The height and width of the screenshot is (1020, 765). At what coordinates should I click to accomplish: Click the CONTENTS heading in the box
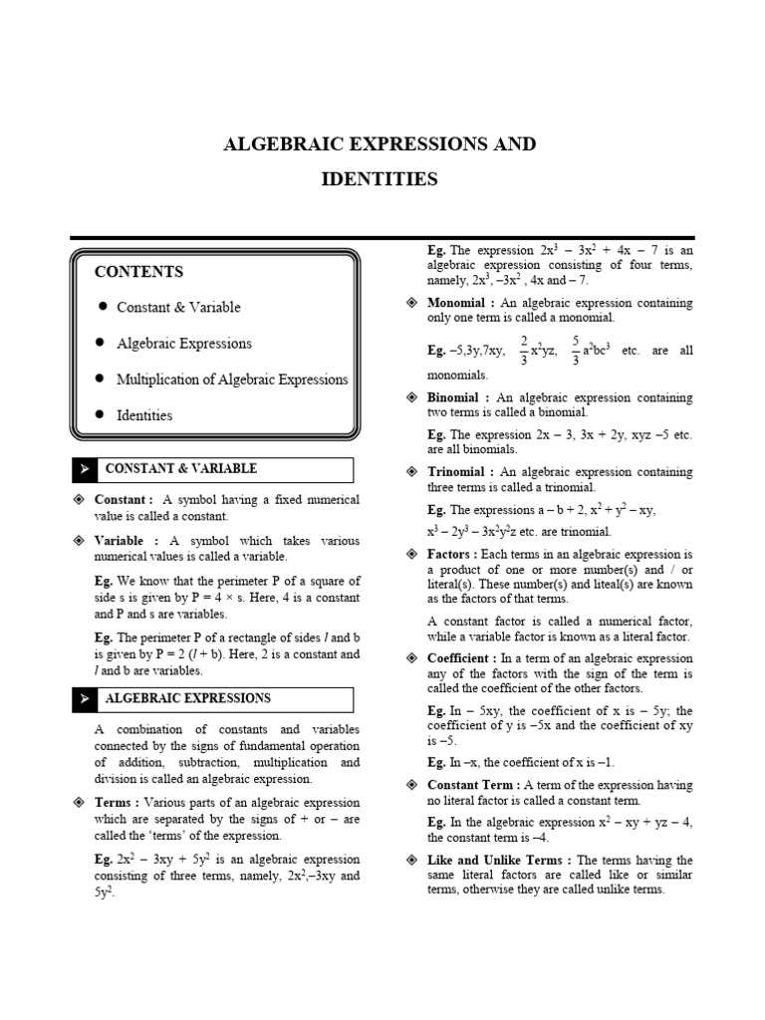[x=138, y=272]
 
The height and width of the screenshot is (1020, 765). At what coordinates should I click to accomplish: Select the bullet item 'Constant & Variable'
[x=178, y=308]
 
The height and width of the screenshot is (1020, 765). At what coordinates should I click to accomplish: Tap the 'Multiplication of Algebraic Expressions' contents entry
[x=232, y=380]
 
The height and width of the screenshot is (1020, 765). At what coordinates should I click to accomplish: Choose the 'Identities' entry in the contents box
[x=144, y=415]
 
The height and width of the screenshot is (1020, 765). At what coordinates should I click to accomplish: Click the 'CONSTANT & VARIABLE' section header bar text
[x=180, y=468]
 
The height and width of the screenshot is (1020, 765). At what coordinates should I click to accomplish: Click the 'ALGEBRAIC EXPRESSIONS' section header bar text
[x=187, y=698]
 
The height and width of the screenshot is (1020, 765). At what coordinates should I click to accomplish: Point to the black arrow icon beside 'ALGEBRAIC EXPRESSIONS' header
[x=85, y=699]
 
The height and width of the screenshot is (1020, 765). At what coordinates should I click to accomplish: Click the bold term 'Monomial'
[x=455, y=303]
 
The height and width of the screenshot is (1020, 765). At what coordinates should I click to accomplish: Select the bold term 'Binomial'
[x=453, y=397]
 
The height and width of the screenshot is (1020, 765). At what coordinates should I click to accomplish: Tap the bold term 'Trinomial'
[x=455, y=472]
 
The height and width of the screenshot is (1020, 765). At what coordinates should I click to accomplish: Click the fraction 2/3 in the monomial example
[x=523, y=351]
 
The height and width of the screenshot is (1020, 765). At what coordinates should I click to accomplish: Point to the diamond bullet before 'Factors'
[x=411, y=554]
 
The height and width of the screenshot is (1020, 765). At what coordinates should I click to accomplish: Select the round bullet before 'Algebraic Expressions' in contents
[x=102, y=343]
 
